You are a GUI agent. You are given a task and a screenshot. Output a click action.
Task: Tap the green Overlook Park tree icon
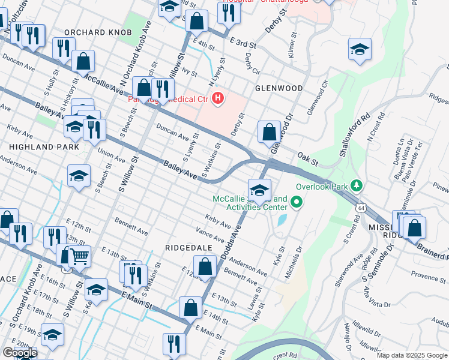(357, 184)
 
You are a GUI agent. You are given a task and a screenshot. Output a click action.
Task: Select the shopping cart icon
(79, 256)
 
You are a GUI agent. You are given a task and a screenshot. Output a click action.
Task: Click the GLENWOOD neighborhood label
(279, 88)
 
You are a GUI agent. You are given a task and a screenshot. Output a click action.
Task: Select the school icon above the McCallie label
(259, 190)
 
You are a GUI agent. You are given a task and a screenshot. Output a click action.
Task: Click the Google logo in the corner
(19, 353)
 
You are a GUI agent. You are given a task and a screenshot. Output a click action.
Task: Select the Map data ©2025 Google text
(412, 355)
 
